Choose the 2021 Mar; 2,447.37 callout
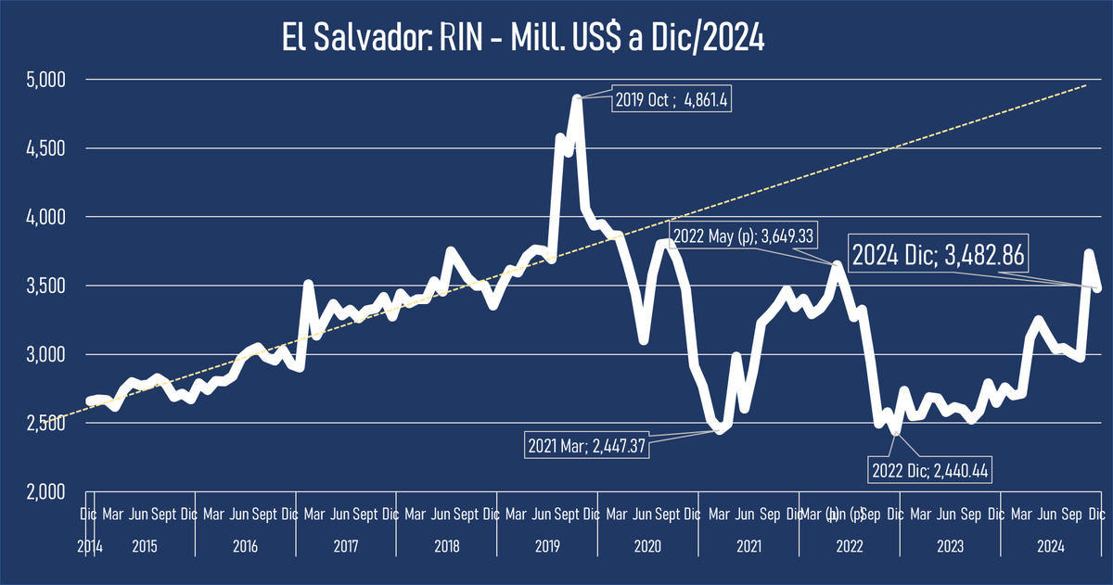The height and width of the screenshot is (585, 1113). click(586, 445)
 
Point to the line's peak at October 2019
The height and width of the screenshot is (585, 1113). click(577, 97)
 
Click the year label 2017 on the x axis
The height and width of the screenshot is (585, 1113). click(346, 546)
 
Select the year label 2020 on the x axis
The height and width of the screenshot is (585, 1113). click(648, 546)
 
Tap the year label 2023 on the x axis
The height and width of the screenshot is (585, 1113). click(950, 546)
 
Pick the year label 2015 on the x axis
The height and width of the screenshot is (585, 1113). click(145, 546)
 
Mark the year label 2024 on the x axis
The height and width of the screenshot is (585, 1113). click(1051, 546)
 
